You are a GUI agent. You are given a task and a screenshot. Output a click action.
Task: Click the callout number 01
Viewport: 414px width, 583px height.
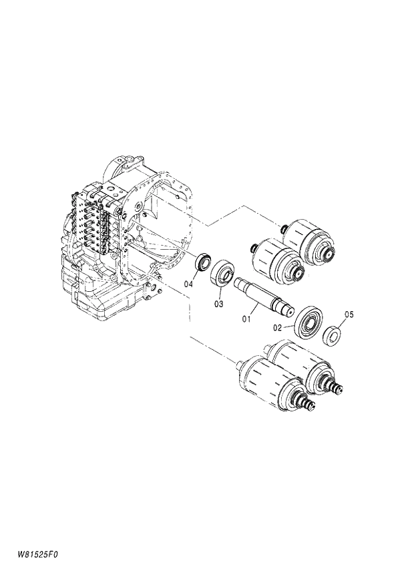point(246,319)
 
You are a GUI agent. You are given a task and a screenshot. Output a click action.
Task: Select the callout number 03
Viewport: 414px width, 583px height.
point(218,305)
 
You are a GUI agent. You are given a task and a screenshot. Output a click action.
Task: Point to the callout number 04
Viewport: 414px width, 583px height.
point(189,284)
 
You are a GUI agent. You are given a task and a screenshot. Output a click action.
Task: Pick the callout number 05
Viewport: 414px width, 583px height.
point(349,314)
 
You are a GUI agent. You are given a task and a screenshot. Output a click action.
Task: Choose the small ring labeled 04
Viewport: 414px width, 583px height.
point(203,261)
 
